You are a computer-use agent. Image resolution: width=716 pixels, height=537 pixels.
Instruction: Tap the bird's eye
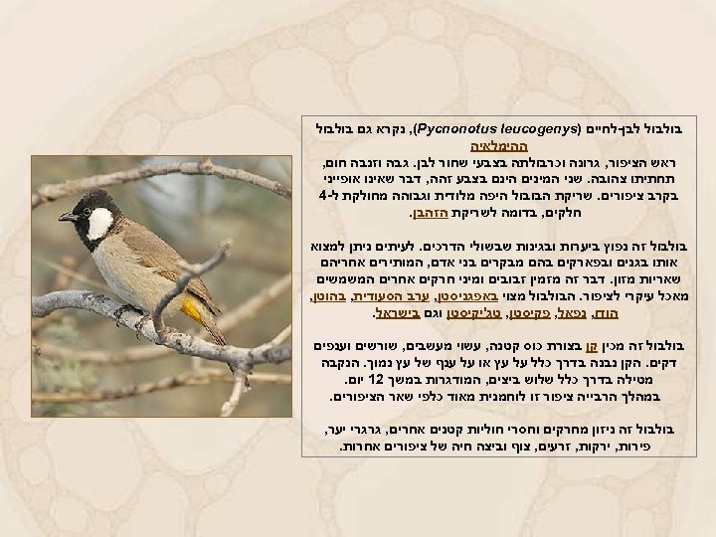pos(88,206)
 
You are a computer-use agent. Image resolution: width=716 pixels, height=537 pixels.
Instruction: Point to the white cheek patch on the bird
pos(100,224)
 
